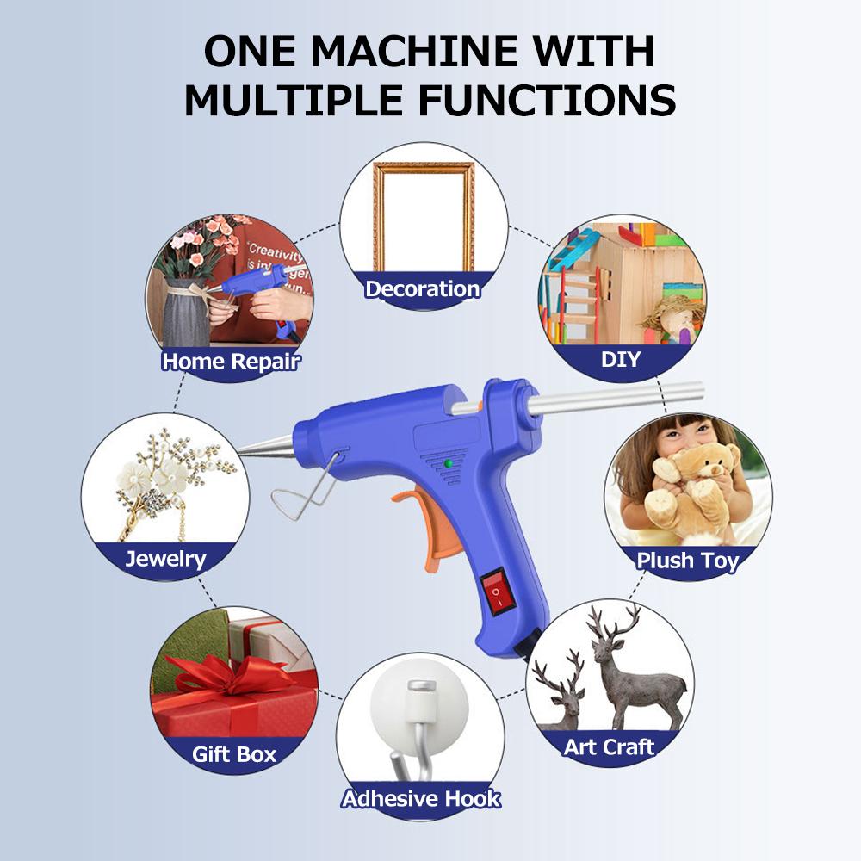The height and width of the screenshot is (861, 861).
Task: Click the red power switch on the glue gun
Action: [x=495, y=593]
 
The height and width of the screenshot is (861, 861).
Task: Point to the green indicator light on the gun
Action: [x=448, y=464]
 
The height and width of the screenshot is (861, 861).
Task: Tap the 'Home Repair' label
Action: [x=231, y=361]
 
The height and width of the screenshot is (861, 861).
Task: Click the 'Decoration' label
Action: [x=422, y=288]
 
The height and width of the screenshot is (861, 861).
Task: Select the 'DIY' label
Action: [x=621, y=358]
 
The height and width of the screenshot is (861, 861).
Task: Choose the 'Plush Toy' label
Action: [x=688, y=561]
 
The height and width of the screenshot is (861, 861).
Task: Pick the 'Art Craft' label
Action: [x=610, y=746]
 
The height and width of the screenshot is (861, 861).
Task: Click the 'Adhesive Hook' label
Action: [x=421, y=798]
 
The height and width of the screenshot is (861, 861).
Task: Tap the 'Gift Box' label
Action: [x=234, y=755]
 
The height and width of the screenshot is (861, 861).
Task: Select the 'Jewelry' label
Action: [x=166, y=559]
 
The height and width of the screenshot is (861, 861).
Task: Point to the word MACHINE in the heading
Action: [x=420, y=53]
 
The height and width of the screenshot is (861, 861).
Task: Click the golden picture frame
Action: [x=424, y=215]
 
